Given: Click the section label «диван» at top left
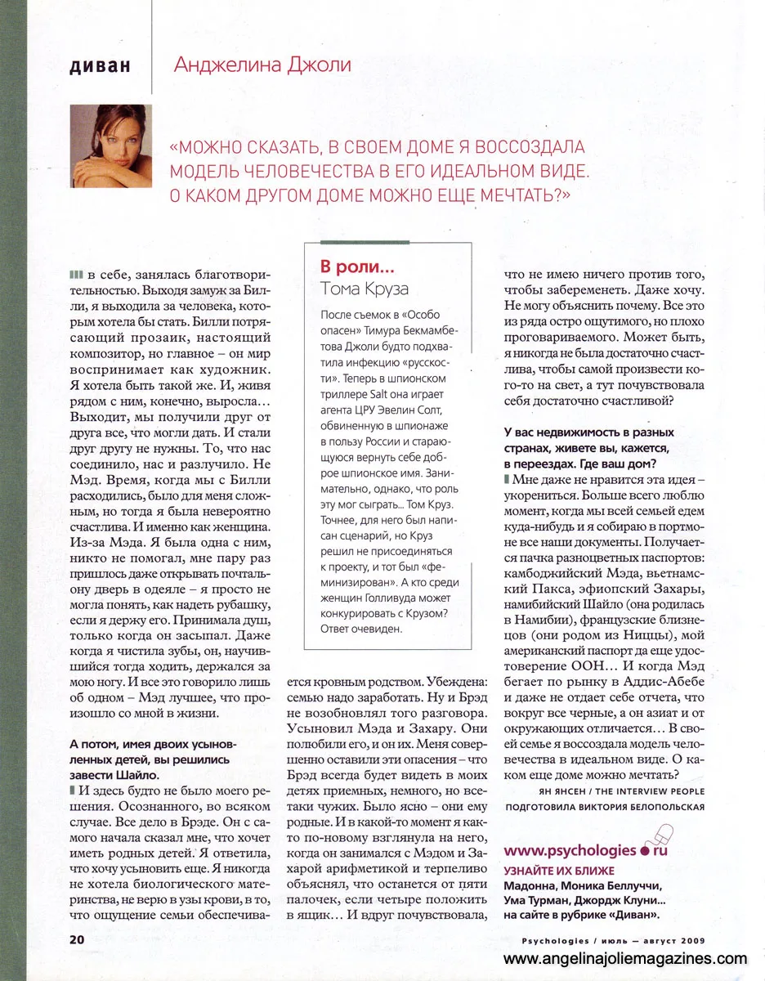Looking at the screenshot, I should (101, 65).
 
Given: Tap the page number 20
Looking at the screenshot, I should (78, 938).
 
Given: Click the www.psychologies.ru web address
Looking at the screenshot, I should (587, 850).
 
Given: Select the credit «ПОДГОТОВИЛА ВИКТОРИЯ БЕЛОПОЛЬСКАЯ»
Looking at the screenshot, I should (606, 809).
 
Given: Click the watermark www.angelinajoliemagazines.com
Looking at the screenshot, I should (625, 959).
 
